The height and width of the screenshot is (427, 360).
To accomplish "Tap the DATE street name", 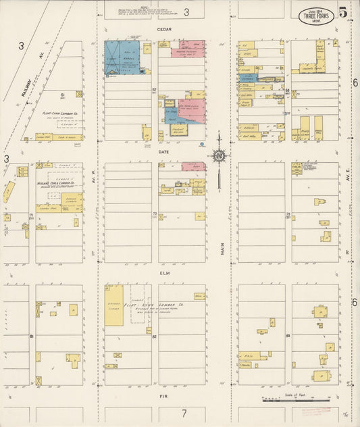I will [x=164, y=152].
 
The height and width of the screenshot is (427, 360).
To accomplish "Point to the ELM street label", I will [x=164, y=274].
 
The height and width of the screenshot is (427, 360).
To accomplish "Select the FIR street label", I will [x=163, y=396].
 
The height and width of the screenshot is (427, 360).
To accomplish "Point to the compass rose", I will [x=219, y=157].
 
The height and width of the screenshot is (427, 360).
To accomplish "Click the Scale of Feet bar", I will [x=296, y=401].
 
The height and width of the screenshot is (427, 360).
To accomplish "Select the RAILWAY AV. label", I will [x=28, y=86].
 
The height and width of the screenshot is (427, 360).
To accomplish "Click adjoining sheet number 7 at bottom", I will [x=183, y=413].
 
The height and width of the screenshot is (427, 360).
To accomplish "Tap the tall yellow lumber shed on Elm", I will [x=113, y=306].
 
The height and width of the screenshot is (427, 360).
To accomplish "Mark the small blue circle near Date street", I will [x=202, y=145].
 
